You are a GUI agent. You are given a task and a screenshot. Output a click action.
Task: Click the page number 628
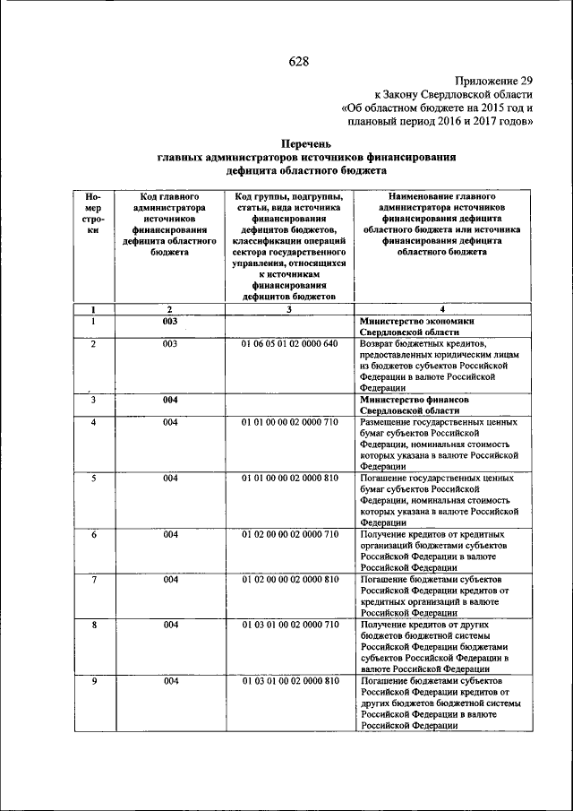pos(298,61)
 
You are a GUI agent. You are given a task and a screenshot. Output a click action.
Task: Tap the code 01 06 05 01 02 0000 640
pos(289,344)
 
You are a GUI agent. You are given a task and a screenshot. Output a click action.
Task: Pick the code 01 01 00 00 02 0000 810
pos(289,479)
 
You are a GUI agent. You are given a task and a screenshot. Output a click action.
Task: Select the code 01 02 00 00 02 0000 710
pos(289,534)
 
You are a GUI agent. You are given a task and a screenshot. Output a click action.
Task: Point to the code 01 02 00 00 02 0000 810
pos(289,580)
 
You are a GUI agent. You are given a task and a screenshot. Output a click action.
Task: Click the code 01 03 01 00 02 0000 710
pos(289,625)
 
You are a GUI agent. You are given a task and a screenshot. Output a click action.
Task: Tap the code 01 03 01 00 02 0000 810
pos(289,681)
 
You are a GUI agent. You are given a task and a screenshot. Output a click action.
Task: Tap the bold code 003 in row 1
pos(170,321)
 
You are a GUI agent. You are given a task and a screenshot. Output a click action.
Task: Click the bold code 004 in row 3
pos(170,400)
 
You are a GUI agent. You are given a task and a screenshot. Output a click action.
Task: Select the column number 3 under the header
pos(289,309)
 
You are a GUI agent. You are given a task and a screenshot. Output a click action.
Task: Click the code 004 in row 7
pos(170,580)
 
